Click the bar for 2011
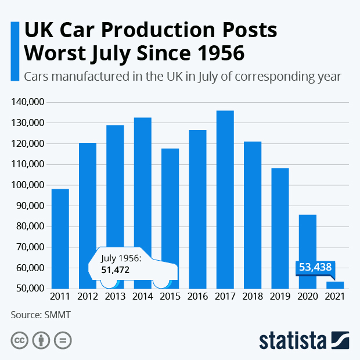[60, 238]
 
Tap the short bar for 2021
[334, 285]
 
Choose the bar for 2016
[197, 209]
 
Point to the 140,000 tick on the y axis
[28, 102]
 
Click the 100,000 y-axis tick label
[28, 185]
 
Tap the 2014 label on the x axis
[142, 297]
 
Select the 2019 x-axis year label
[280, 297]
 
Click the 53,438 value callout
[314, 267]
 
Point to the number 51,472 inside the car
[115, 270]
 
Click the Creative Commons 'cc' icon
[20, 340]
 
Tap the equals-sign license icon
[63, 340]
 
